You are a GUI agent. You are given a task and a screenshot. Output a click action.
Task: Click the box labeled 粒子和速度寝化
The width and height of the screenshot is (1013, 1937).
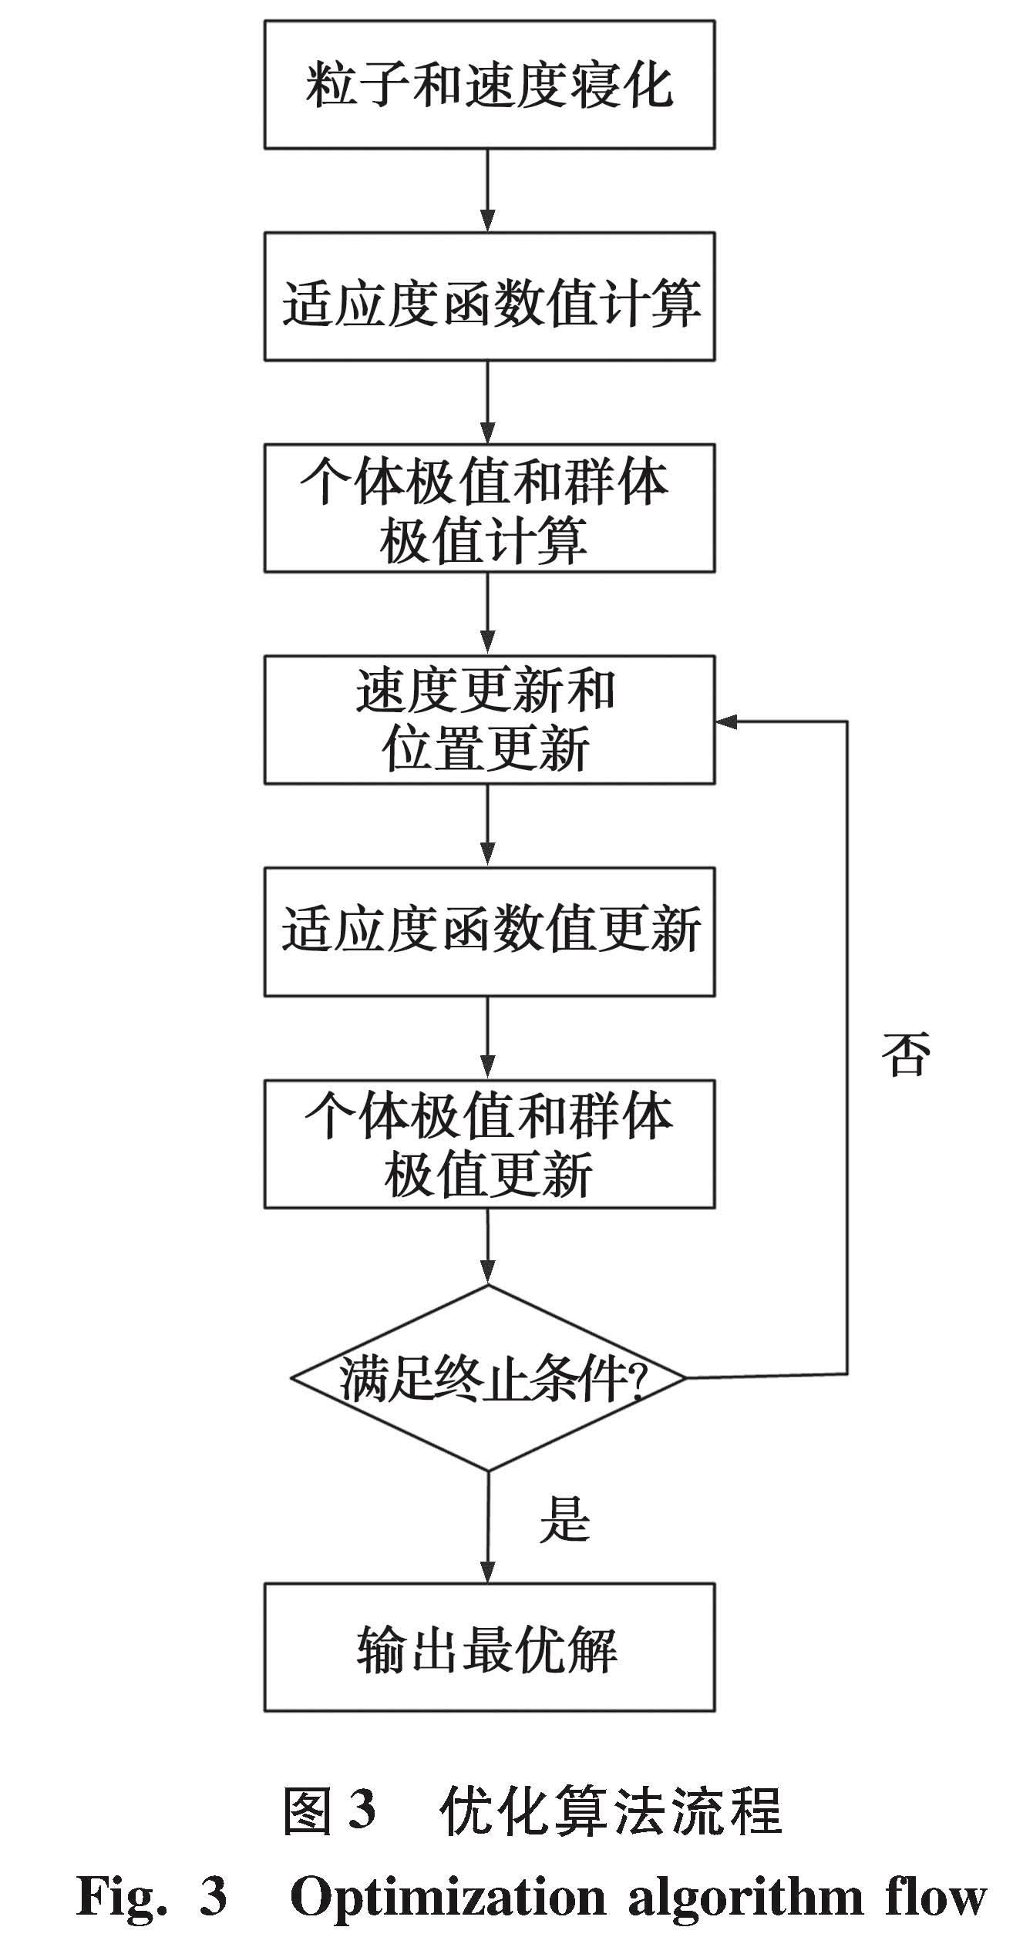(489, 85)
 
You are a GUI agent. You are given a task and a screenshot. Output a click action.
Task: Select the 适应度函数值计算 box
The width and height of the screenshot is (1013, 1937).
(489, 297)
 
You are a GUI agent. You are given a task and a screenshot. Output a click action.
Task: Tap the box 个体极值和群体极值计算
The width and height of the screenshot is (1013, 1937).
(489, 508)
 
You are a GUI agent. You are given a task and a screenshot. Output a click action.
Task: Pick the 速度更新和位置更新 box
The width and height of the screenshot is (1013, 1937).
(489, 720)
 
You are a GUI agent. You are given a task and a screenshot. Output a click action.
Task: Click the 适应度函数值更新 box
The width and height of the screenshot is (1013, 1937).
(489, 931)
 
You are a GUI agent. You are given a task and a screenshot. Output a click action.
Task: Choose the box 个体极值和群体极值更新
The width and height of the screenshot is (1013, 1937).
(489, 1143)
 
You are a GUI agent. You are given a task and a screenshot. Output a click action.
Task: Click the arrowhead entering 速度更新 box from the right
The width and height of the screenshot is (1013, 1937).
(726, 721)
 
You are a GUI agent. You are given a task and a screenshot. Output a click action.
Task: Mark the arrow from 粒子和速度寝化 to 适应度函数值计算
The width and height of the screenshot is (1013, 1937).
(488, 190)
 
